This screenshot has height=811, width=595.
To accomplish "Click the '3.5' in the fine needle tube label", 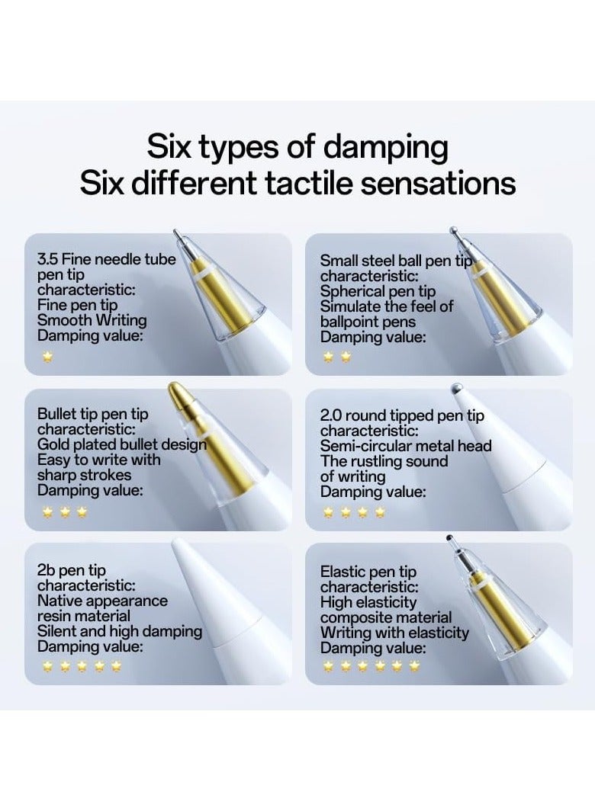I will [x=47, y=259].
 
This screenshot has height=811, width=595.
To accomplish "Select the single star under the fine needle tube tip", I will [x=47, y=357].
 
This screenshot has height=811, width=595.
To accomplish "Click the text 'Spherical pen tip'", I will [x=378, y=291].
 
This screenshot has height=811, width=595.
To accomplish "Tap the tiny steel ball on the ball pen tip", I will [x=453, y=229].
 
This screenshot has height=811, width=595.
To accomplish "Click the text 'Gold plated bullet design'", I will [x=122, y=444].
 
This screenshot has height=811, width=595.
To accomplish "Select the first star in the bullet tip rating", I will [x=47, y=512].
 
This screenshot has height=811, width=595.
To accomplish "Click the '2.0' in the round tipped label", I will [x=330, y=415].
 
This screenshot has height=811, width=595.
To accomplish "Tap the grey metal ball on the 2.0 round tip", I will [x=456, y=388].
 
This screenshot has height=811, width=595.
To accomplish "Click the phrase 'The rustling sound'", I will [x=384, y=461].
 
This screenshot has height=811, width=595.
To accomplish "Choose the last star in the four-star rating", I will [x=380, y=512].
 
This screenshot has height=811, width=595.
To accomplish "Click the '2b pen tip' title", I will [x=72, y=570].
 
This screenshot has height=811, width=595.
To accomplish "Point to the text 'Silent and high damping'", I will [x=120, y=631].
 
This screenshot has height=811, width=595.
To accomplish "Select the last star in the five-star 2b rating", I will [x=116, y=666].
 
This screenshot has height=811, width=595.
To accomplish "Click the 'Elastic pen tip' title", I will [x=368, y=572].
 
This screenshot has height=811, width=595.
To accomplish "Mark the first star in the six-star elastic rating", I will [x=329, y=666].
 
